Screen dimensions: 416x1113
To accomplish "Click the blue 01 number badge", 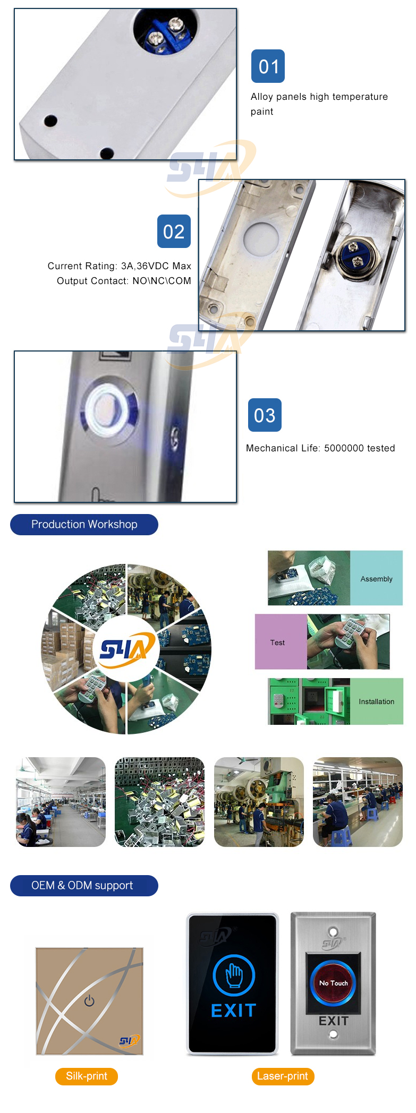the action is pyautogui.click(x=268, y=66).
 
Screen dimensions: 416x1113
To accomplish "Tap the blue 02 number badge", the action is pyautogui.click(x=174, y=232).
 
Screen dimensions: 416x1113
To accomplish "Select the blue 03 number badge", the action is pyautogui.click(x=265, y=415).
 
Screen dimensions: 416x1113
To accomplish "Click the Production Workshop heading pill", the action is pyautogui.click(x=84, y=525).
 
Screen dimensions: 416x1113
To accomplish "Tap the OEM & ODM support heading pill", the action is pyautogui.click(x=84, y=886).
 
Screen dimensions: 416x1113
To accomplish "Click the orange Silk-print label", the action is pyautogui.click(x=87, y=1076).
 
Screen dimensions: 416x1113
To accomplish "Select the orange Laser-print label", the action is pyautogui.click(x=283, y=1076).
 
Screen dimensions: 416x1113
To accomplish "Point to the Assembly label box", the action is pyautogui.click(x=377, y=578).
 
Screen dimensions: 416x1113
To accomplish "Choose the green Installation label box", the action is pyautogui.click(x=377, y=701).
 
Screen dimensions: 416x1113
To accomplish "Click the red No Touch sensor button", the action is pyautogui.click(x=333, y=984).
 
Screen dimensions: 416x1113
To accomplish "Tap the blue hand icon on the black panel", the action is pyautogui.click(x=234, y=975).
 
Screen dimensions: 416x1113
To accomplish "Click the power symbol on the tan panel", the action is pyautogui.click(x=89, y=1001).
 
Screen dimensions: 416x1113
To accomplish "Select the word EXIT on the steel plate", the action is pyautogui.click(x=334, y=1021).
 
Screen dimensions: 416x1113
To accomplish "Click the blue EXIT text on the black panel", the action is pyautogui.click(x=234, y=1011).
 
